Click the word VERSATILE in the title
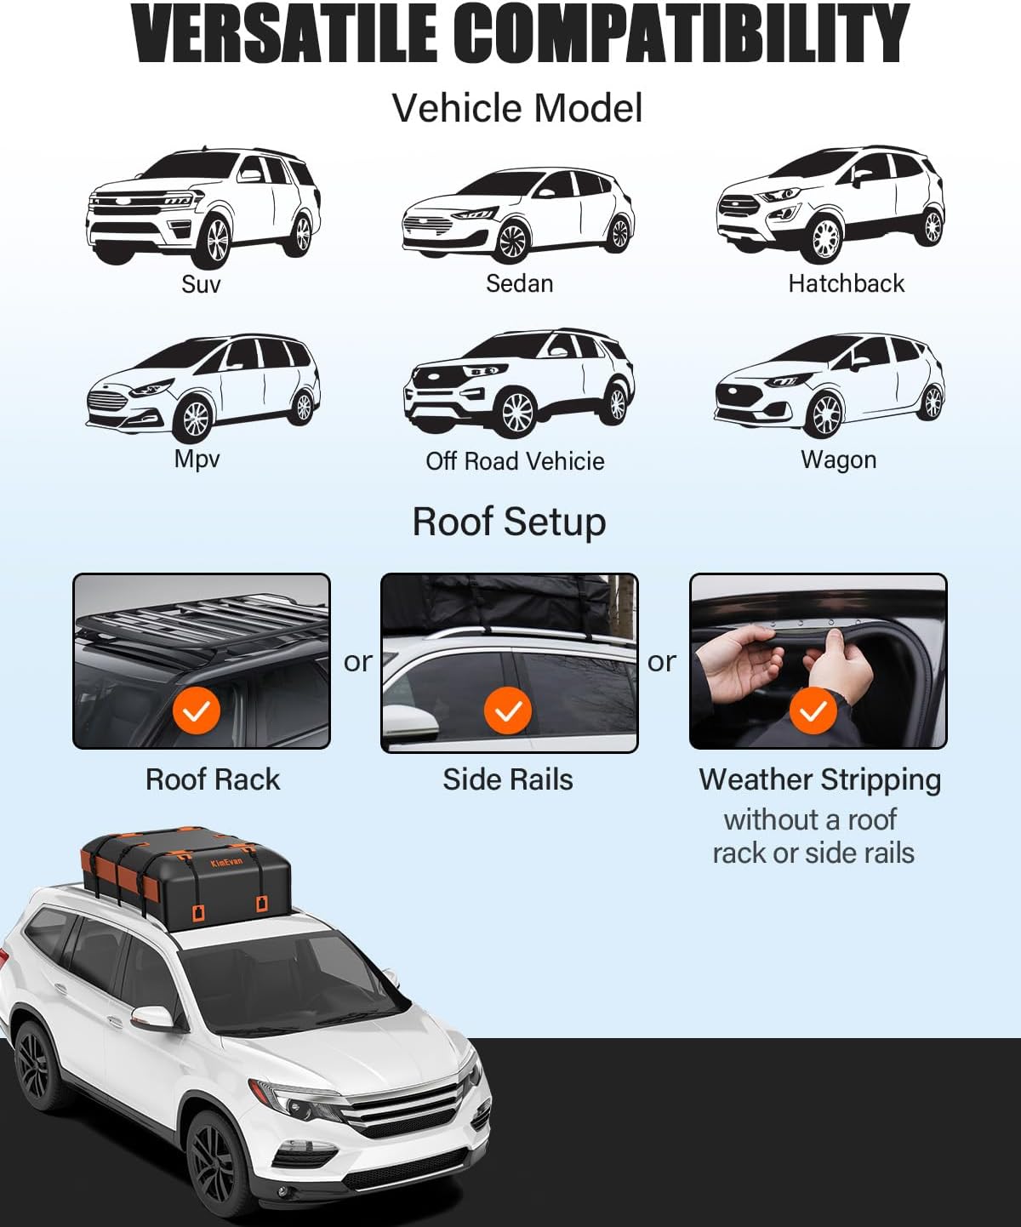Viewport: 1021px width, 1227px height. tap(285, 34)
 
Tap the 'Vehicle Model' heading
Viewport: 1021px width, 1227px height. tap(516, 108)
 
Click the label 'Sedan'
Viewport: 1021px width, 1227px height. tap(519, 283)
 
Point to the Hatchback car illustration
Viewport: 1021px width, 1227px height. tap(830, 204)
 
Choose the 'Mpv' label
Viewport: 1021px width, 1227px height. tap(197, 459)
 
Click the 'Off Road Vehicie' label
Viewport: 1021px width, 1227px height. tap(515, 461)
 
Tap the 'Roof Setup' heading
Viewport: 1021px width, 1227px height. tap(509, 522)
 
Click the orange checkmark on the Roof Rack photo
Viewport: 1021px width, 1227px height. tap(197, 711)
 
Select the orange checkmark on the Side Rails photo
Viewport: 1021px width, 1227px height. tap(508, 711)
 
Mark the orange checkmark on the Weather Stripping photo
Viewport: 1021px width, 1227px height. tap(813, 711)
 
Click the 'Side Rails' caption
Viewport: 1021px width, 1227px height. tap(508, 779)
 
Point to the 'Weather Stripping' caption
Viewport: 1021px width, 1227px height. tap(819, 779)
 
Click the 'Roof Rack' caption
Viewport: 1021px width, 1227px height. tap(212, 779)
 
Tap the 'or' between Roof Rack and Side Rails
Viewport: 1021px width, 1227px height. tap(357, 661)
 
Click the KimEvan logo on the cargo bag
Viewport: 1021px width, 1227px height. tap(226, 863)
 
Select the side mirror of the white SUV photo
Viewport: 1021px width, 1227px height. tap(153, 1018)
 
